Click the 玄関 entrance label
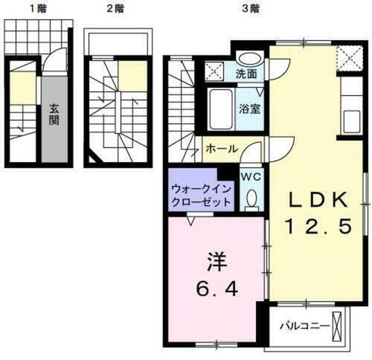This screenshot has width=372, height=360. pyautogui.click(x=54, y=114)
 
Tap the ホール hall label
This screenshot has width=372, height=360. pyautogui.click(x=222, y=148)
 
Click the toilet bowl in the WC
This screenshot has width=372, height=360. pyautogui.click(x=251, y=197)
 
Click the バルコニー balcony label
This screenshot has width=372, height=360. pyautogui.click(x=306, y=326)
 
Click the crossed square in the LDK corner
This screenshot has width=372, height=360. pyautogui.click(x=347, y=57)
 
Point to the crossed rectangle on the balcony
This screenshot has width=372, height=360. pyautogui.click(x=341, y=327)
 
